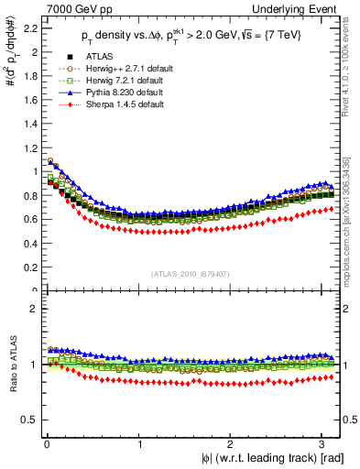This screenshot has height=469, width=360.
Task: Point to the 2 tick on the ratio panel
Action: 29,309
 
